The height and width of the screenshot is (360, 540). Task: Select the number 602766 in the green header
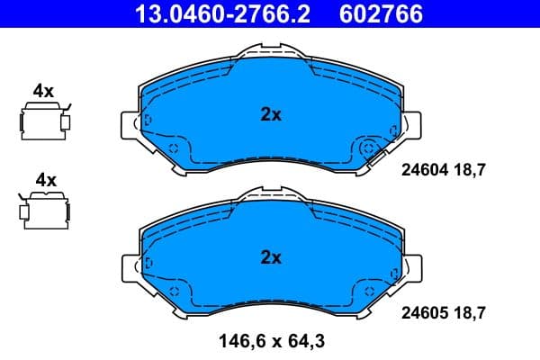click(380, 13)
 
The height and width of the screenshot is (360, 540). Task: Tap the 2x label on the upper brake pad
click(271, 114)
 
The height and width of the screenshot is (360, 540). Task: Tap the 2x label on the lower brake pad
click(271, 257)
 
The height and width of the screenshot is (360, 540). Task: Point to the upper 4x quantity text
click(43, 91)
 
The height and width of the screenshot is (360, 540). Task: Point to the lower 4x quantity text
click(43, 180)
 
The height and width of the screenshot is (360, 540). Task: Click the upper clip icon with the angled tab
click(44, 121)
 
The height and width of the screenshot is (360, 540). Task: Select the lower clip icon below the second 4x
click(44, 210)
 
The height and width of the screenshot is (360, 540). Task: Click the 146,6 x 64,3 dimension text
click(270, 341)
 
